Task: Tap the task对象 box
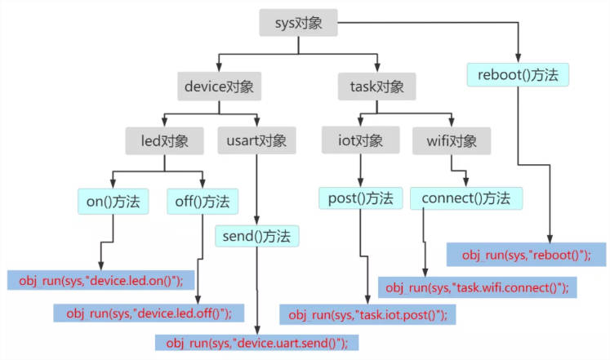click(x=376, y=85)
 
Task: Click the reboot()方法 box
click(x=518, y=75)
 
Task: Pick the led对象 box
click(x=163, y=140)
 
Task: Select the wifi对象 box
click(x=452, y=140)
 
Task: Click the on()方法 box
click(x=114, y=200)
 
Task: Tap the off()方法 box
click(x=203, y=200)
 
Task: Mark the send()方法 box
click(x=256, y=236)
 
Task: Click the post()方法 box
click(x=360, y=198)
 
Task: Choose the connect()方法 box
click(x=466, y=198)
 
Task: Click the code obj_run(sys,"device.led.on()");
click(x=100, y=280)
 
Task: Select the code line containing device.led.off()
click(x=149, y=312)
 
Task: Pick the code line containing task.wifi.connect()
click(x=476, y=287)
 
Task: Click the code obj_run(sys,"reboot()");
click(x=525, y=255)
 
